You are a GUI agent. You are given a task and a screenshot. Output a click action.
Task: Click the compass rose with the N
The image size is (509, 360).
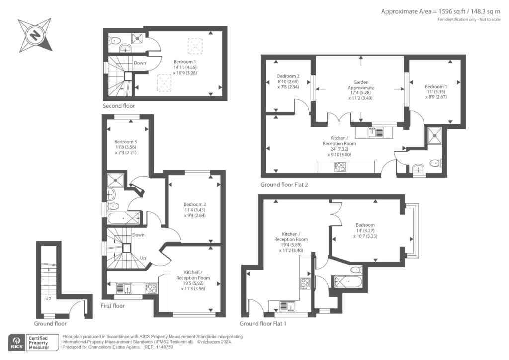coord(35,35)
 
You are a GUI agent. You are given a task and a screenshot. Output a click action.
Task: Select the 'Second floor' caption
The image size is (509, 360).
coord(118,106)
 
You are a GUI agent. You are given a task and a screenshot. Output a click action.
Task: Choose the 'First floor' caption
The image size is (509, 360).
coord(112,306)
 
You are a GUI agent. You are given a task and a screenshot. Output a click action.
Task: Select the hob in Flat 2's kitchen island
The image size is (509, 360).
coord(340,167)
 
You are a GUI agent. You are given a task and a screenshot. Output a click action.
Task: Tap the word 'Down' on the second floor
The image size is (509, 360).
coord(140,63)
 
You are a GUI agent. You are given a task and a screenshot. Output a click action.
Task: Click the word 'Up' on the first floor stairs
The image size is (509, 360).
coord(142,258)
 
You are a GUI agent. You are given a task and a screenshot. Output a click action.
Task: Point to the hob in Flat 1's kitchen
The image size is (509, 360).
coord(305,283)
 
